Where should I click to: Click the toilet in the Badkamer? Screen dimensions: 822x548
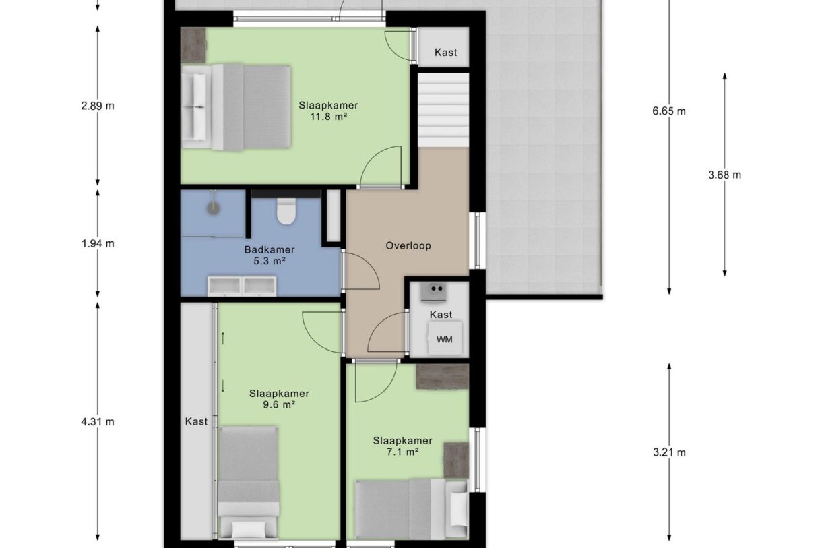pyautogui.click(x=286, y=211)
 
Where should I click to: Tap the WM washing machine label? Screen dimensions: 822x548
pyautogui.click(x=444, y=340)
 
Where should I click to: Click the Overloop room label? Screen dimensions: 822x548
pyautogui.click(x=408, y=245)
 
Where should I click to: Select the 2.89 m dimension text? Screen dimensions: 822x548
pyautogui.click(x=98, y=106)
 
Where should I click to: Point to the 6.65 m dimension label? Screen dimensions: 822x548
pyautogui.click(x=668, y=111)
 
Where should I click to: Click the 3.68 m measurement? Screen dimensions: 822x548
pyautogui.click(x=724, y=175)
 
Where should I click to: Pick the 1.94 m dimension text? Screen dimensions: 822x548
pyautogui.click(x=98, y=243)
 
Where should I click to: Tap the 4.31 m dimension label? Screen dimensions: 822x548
pyautogui.click(x=98, y=422)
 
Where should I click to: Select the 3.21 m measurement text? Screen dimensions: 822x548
pyautogui.click(x=669, y=452)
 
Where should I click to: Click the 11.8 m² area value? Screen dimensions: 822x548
pyautogui.click(x=328, y=117)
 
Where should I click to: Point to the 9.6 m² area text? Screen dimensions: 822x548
pyautogui.click(x=279, y=405)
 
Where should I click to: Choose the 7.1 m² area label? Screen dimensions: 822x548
pyautogui.click(x=402, y=452)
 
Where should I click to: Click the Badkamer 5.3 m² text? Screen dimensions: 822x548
pyautogui.click(x=270, y=255)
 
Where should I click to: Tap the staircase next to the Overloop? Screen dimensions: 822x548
pyautogui.click(x=443, y=110)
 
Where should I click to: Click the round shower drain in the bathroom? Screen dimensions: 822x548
pyautogui.click(x=213, y=208)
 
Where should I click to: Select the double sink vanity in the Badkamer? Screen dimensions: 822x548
pyautogui.click(x=242, y=286)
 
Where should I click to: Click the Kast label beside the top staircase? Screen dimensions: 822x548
pyautogui.click(x=445, y=52)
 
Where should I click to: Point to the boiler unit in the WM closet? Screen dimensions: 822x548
pyautogui.click(x=433, y=293)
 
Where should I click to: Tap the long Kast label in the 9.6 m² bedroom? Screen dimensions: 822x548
pyautogui.click(x=196, y=421)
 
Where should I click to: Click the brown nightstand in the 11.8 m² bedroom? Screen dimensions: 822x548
pyautogui.click(x=193, y=46)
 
